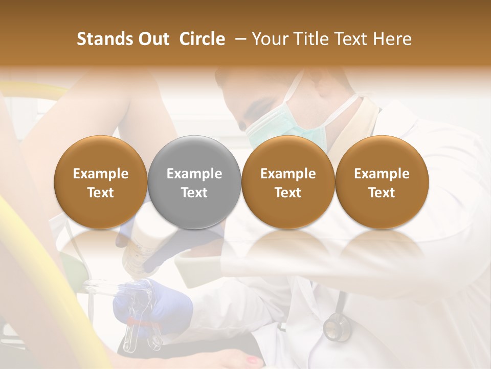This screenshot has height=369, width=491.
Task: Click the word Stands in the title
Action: (x=104, y=39)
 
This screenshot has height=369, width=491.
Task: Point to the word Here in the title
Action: (x=393, y=39)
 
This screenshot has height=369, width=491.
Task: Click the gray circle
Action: (x=194, y=182)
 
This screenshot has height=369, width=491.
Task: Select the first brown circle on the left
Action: (x=101, y=182)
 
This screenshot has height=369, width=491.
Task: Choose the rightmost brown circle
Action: (x=382, y=182)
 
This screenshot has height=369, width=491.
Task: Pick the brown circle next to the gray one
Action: (x=288, y=182)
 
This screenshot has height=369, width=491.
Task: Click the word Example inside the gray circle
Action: (x=194, y=174)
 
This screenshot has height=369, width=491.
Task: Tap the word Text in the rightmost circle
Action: (x=382, y=193)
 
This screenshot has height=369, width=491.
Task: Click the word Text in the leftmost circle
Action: (x=101, y=193)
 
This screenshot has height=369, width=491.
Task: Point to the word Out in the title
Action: (x=152, y=39)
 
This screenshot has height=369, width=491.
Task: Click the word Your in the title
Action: (x=269, y=39)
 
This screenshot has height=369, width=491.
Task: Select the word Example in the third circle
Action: (x=288, y=174)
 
